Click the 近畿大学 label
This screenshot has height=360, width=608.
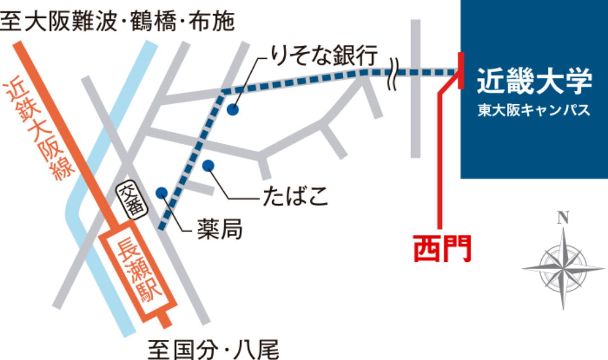tap(535, 82)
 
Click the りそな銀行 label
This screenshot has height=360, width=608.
tap(325, 56)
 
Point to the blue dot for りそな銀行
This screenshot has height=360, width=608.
tap(232, 110)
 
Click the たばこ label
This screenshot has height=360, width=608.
tap(294, 198)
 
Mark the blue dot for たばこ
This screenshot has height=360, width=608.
tap(208, 165)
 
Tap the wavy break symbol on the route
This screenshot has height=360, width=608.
tap(395, 72)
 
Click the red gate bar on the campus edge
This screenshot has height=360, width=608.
tap(460, 71)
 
